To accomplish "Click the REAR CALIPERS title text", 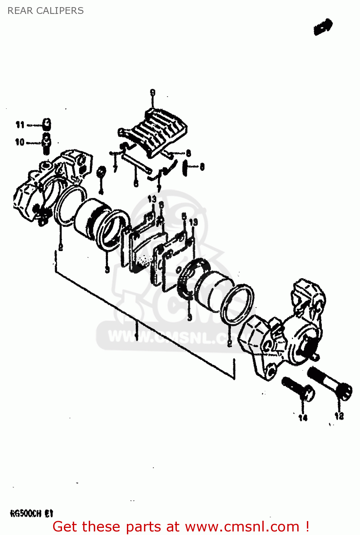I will tap(46, 11).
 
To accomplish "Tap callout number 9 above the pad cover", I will tap(153, 93).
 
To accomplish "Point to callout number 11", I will tap(20, 125).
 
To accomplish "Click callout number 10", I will tap(20, 142).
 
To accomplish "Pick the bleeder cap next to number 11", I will tap(46, 124).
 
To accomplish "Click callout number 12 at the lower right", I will tap(339, 416).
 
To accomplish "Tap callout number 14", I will tap(303, 418).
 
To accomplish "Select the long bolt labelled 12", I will tap(330, 384).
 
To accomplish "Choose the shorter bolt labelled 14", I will tap(298, 389).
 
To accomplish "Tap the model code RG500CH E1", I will tap(31, 514).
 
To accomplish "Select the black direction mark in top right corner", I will tap(323, 27).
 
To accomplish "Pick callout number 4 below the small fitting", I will tap(101, 192).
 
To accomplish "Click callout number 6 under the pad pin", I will tap(136, 183).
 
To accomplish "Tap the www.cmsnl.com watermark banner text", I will tap(171, 337).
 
